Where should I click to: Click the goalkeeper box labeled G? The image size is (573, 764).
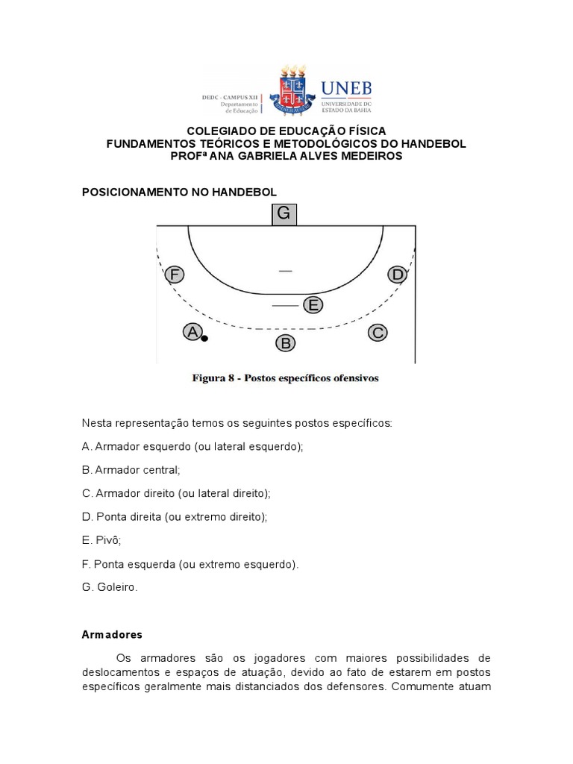point(284,214)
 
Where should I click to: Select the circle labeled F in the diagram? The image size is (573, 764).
point(175,275)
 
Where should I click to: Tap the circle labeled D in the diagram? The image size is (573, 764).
point(398,275)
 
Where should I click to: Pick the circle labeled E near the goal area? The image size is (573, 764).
point(313,304)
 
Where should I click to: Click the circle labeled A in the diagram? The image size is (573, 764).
point(192,332)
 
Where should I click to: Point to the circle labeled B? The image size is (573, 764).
point(285,343)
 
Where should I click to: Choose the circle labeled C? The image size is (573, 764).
point(378,333)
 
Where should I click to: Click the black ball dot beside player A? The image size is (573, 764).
point(204,339)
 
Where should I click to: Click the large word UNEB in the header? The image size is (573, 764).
point(345,88)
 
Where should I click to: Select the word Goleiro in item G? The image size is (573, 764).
point(117,587)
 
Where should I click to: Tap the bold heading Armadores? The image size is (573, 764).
point(112,635)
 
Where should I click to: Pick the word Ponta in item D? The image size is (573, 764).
point(112,516)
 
